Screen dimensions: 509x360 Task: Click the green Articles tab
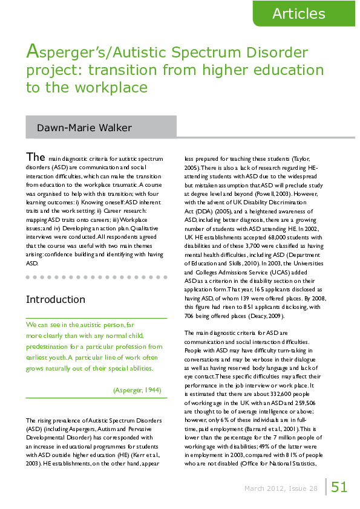pos(298,14)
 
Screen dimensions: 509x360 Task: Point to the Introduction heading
pos(56,299)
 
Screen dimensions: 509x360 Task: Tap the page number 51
pos(339,487)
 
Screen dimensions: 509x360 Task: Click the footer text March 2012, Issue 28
pos(280,488)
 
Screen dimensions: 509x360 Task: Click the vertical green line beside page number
pos(326,487)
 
